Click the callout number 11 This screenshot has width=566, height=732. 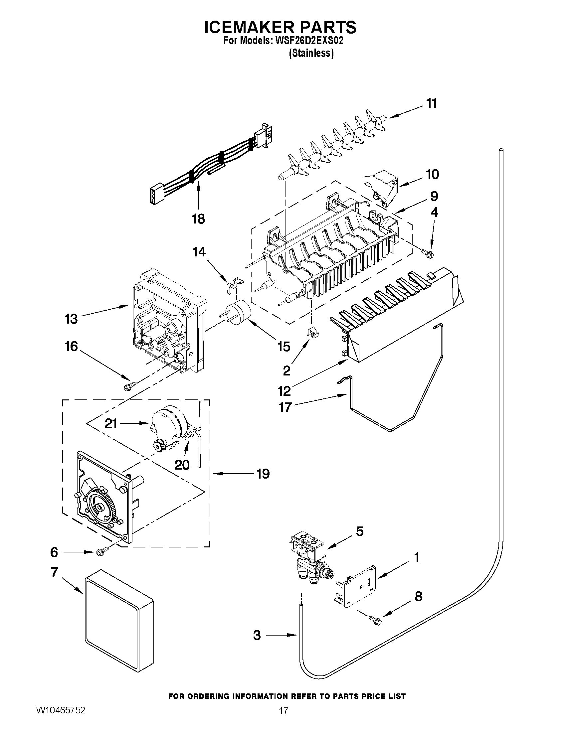point(432,103)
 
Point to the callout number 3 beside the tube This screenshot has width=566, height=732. point(257,635)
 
